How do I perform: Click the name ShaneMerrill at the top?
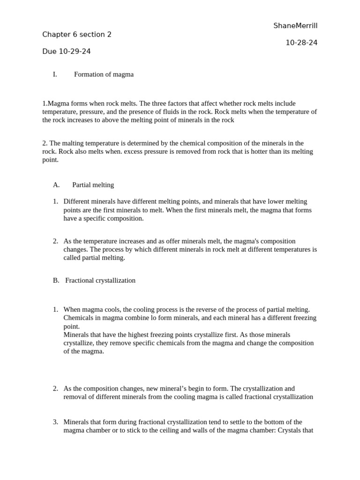(295, 26)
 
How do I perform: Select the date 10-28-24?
(301, 43)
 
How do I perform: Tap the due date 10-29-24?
(75, 52)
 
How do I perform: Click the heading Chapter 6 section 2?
(77, 34)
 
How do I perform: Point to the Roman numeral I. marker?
(55, 74)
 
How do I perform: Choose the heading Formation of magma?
(104, 74)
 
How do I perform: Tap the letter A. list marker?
(56, 185)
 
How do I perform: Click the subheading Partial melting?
(93, 185)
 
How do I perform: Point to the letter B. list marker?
(56, 280)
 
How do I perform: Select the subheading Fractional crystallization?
(100, 280)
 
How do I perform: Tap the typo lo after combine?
(153, 318)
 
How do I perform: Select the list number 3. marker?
(55, 422)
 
